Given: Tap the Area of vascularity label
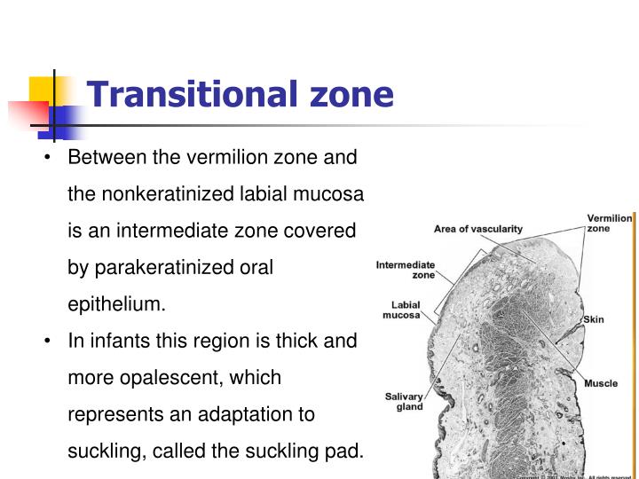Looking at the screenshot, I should pos(478,229).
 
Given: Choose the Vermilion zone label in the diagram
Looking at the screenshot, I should pos(609,223).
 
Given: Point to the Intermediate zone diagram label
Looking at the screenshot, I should pos(406,270).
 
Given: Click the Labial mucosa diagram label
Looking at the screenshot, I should pos(401,310).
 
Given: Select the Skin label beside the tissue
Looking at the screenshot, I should pos(593,319).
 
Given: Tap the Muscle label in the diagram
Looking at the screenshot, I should pos(601,384).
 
